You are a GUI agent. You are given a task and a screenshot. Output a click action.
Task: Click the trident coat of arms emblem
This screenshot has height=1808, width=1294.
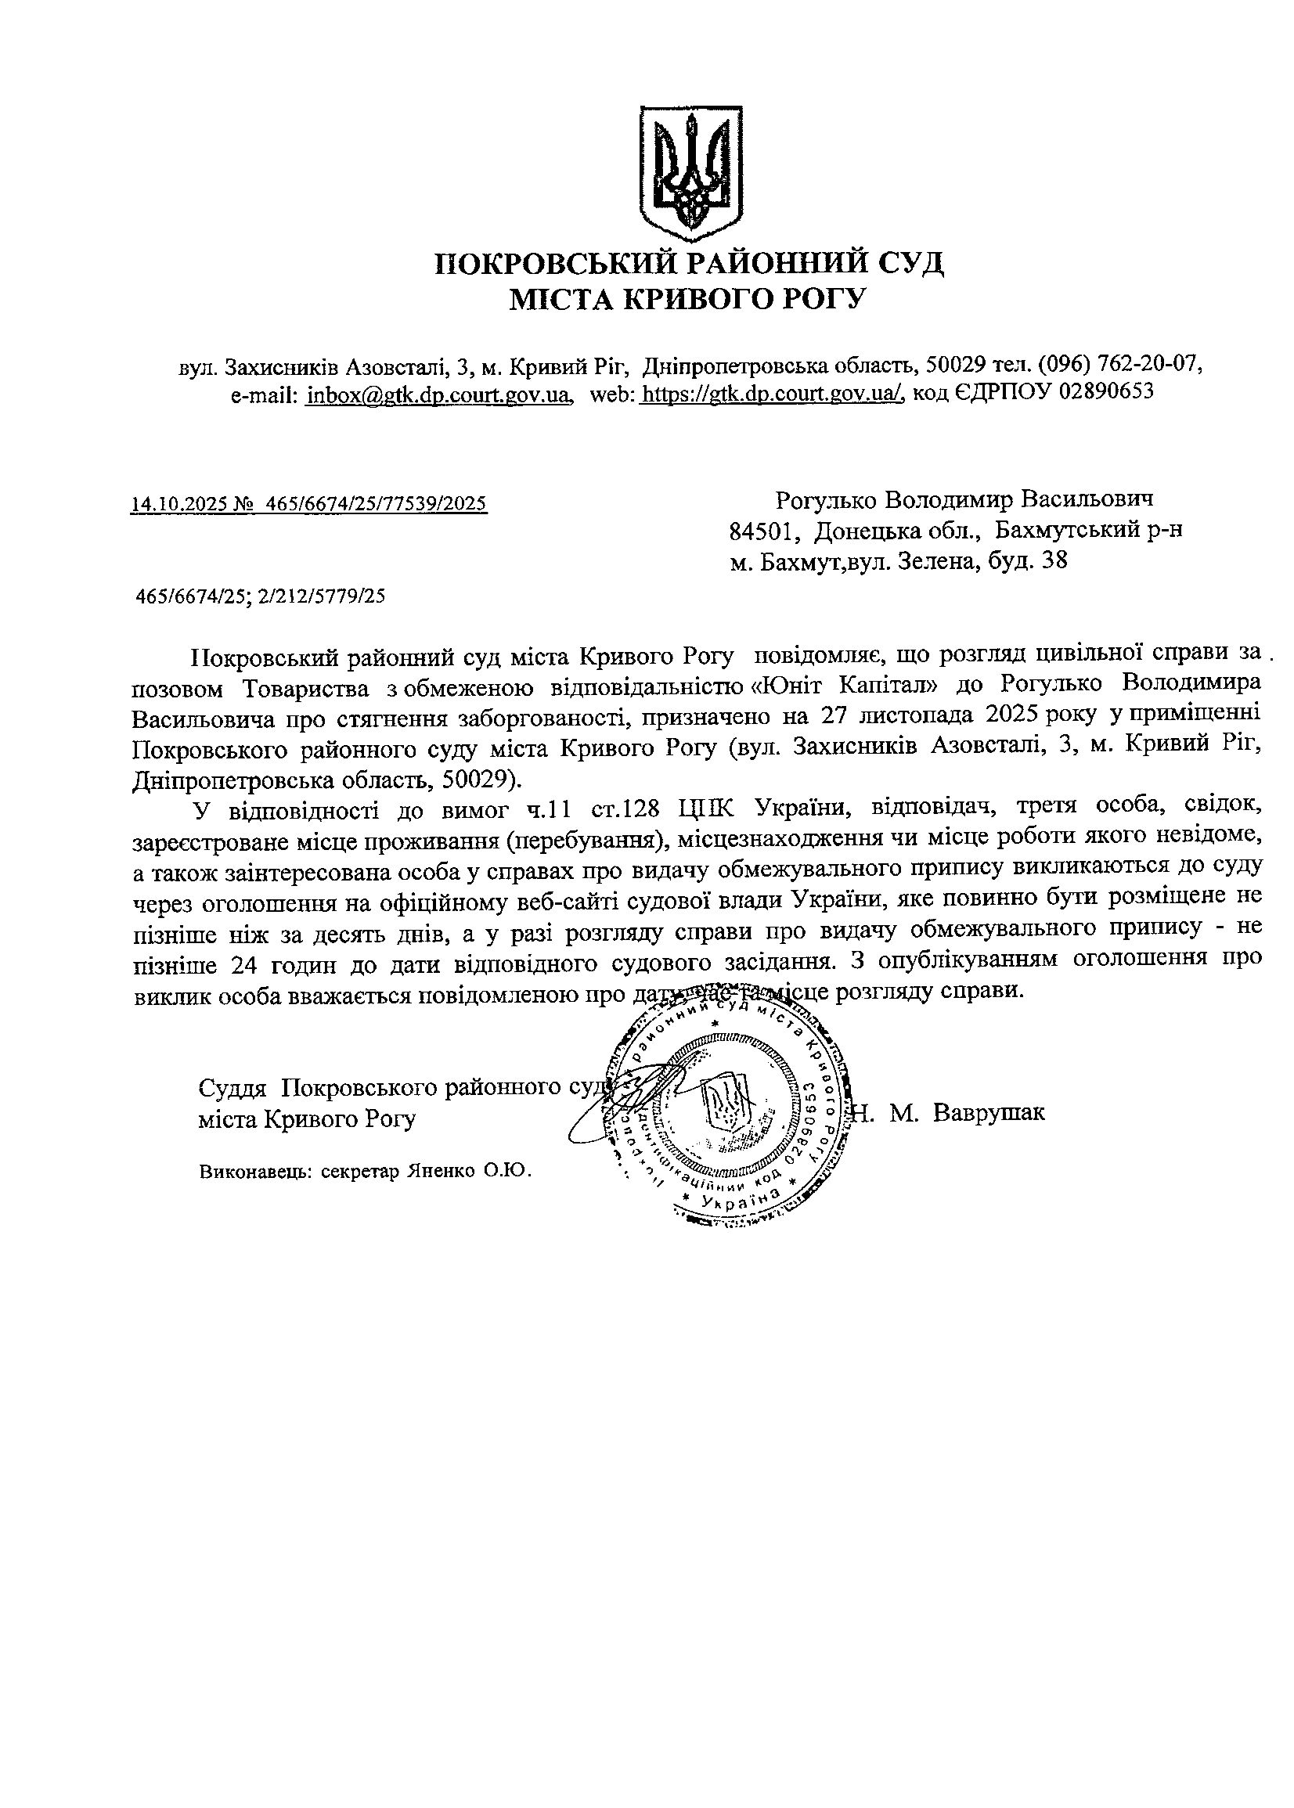click(x=692, y=173)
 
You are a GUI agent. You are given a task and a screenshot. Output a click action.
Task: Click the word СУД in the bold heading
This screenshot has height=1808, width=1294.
click(x=903, y=263)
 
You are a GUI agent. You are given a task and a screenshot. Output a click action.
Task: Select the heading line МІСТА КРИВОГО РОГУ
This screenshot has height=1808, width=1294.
click(x=687, y=299)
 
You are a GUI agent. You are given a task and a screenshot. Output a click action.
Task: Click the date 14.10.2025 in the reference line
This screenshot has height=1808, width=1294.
click(x=178, y=503)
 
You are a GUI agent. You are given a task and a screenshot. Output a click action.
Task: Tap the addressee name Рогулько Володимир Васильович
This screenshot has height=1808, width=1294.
click(x=964, y=500)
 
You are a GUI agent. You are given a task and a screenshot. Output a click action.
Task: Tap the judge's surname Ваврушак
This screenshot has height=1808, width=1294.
click(x=988, y=1113)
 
